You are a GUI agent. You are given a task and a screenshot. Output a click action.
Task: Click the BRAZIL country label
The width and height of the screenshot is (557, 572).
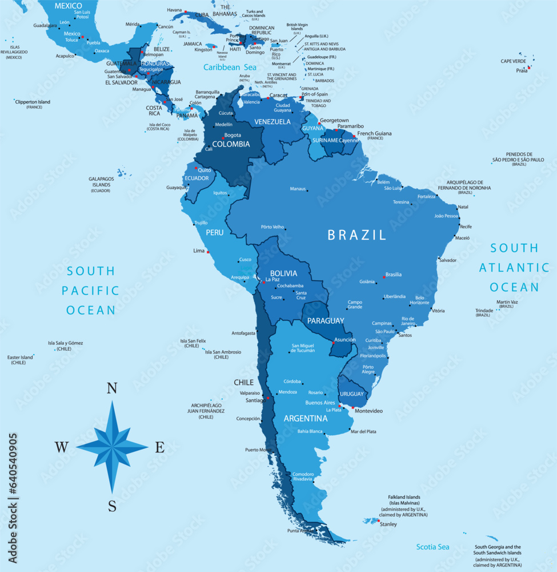click(356, 235)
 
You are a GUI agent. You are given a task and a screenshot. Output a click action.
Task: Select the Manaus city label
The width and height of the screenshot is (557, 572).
click(298, 189)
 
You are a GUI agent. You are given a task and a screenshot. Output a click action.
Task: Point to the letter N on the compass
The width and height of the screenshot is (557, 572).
click(112, 389)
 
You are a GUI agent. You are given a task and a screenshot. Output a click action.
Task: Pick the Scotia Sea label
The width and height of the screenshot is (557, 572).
click(432, 547)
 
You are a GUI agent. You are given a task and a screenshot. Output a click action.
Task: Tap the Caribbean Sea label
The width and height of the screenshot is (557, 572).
click(230, 67)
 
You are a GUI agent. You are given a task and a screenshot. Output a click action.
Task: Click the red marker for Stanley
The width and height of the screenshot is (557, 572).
click(378, 521)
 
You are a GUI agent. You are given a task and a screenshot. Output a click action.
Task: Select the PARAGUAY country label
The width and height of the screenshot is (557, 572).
click(326, 320)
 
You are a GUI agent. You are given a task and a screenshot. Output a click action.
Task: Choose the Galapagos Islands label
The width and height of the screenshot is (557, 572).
click(101, 181)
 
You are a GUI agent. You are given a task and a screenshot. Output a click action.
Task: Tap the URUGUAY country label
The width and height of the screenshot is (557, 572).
click(351, 394)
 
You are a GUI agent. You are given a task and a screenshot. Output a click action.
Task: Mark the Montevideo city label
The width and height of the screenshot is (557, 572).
click(368, 411)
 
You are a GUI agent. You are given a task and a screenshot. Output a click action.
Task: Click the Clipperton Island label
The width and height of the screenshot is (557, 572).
click(32, 102)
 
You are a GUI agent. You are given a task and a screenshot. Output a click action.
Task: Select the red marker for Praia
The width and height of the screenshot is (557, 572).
click(529, 67)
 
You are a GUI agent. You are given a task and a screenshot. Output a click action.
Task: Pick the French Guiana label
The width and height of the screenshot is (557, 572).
click(374, 133)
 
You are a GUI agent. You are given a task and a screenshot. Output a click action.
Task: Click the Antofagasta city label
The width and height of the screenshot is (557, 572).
click(243, 333)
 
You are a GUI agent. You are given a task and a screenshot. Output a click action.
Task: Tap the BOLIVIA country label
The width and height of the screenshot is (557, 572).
click(283, 273)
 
